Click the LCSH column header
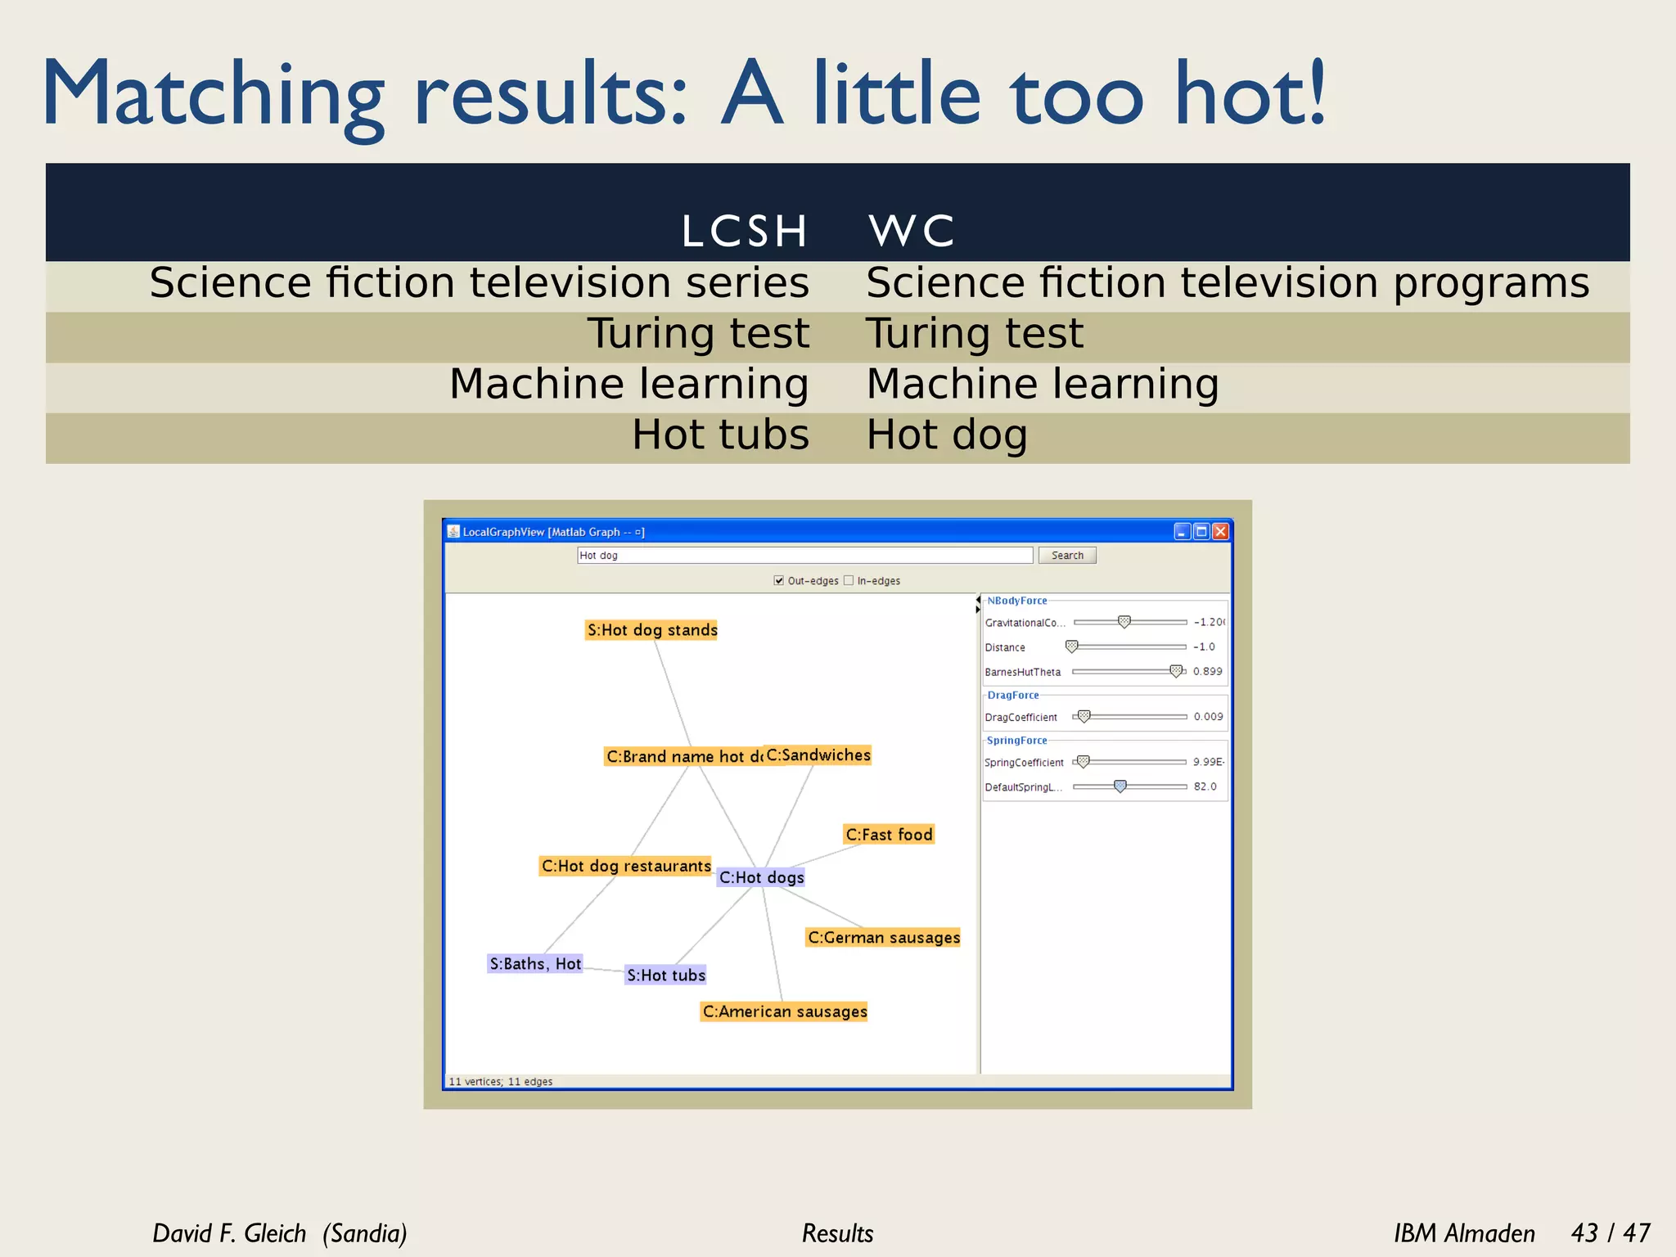click(744, 231)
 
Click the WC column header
click(912, 231)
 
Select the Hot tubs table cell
click(720, 435)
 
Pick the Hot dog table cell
click(947, 435)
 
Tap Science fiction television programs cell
click(1228, 283)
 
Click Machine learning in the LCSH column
click(628, 384)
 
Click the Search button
click(1067, 556)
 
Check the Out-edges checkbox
click(779, 581)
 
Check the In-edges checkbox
click(849, 581)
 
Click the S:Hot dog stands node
click(652, 630)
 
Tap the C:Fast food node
click(889, 835)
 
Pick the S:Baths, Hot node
click(535, 964)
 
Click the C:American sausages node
click(785, 1012)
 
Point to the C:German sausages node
click(884, 938)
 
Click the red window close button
click(1220, 532)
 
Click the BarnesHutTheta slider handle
click(1176, 671)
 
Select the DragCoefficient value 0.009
click(1208, 717)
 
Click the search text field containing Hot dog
click(804, 556)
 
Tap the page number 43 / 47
click(1610, 1232)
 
